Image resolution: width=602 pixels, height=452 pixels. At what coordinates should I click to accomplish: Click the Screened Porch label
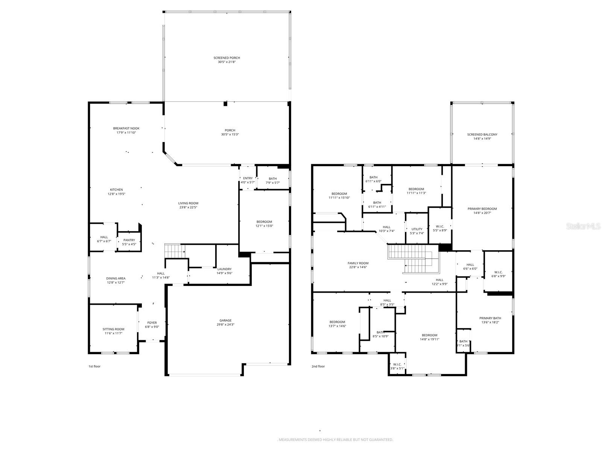[227, 58]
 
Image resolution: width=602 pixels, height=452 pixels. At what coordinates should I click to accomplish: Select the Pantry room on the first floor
[129, 242]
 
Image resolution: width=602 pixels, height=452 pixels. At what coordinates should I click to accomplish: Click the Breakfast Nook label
[126, 128]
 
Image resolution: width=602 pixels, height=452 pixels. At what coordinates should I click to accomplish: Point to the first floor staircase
[175, 250]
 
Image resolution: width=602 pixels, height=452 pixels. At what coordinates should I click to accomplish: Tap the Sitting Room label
[113, 329]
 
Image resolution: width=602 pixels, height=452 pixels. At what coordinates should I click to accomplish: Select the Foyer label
[152, 323]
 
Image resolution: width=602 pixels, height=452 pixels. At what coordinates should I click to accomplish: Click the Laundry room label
[224, 269]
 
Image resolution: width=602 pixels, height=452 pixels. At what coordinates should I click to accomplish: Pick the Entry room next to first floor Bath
[248, 180]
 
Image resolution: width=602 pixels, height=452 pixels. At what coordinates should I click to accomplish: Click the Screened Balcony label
[482, 134]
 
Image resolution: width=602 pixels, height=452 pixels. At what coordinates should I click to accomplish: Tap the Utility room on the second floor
[417, 231]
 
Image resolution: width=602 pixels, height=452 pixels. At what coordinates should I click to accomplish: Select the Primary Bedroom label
[482, 209]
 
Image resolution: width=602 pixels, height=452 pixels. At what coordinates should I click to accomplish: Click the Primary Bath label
[490, 318]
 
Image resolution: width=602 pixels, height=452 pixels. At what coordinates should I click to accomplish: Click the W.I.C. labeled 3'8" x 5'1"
[397, 366]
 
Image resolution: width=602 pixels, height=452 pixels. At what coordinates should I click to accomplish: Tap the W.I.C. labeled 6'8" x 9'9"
[498, 274]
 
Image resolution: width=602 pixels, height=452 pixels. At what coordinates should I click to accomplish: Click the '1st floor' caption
[94, 366]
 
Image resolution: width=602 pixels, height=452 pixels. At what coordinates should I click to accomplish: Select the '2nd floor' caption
[318, 366]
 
